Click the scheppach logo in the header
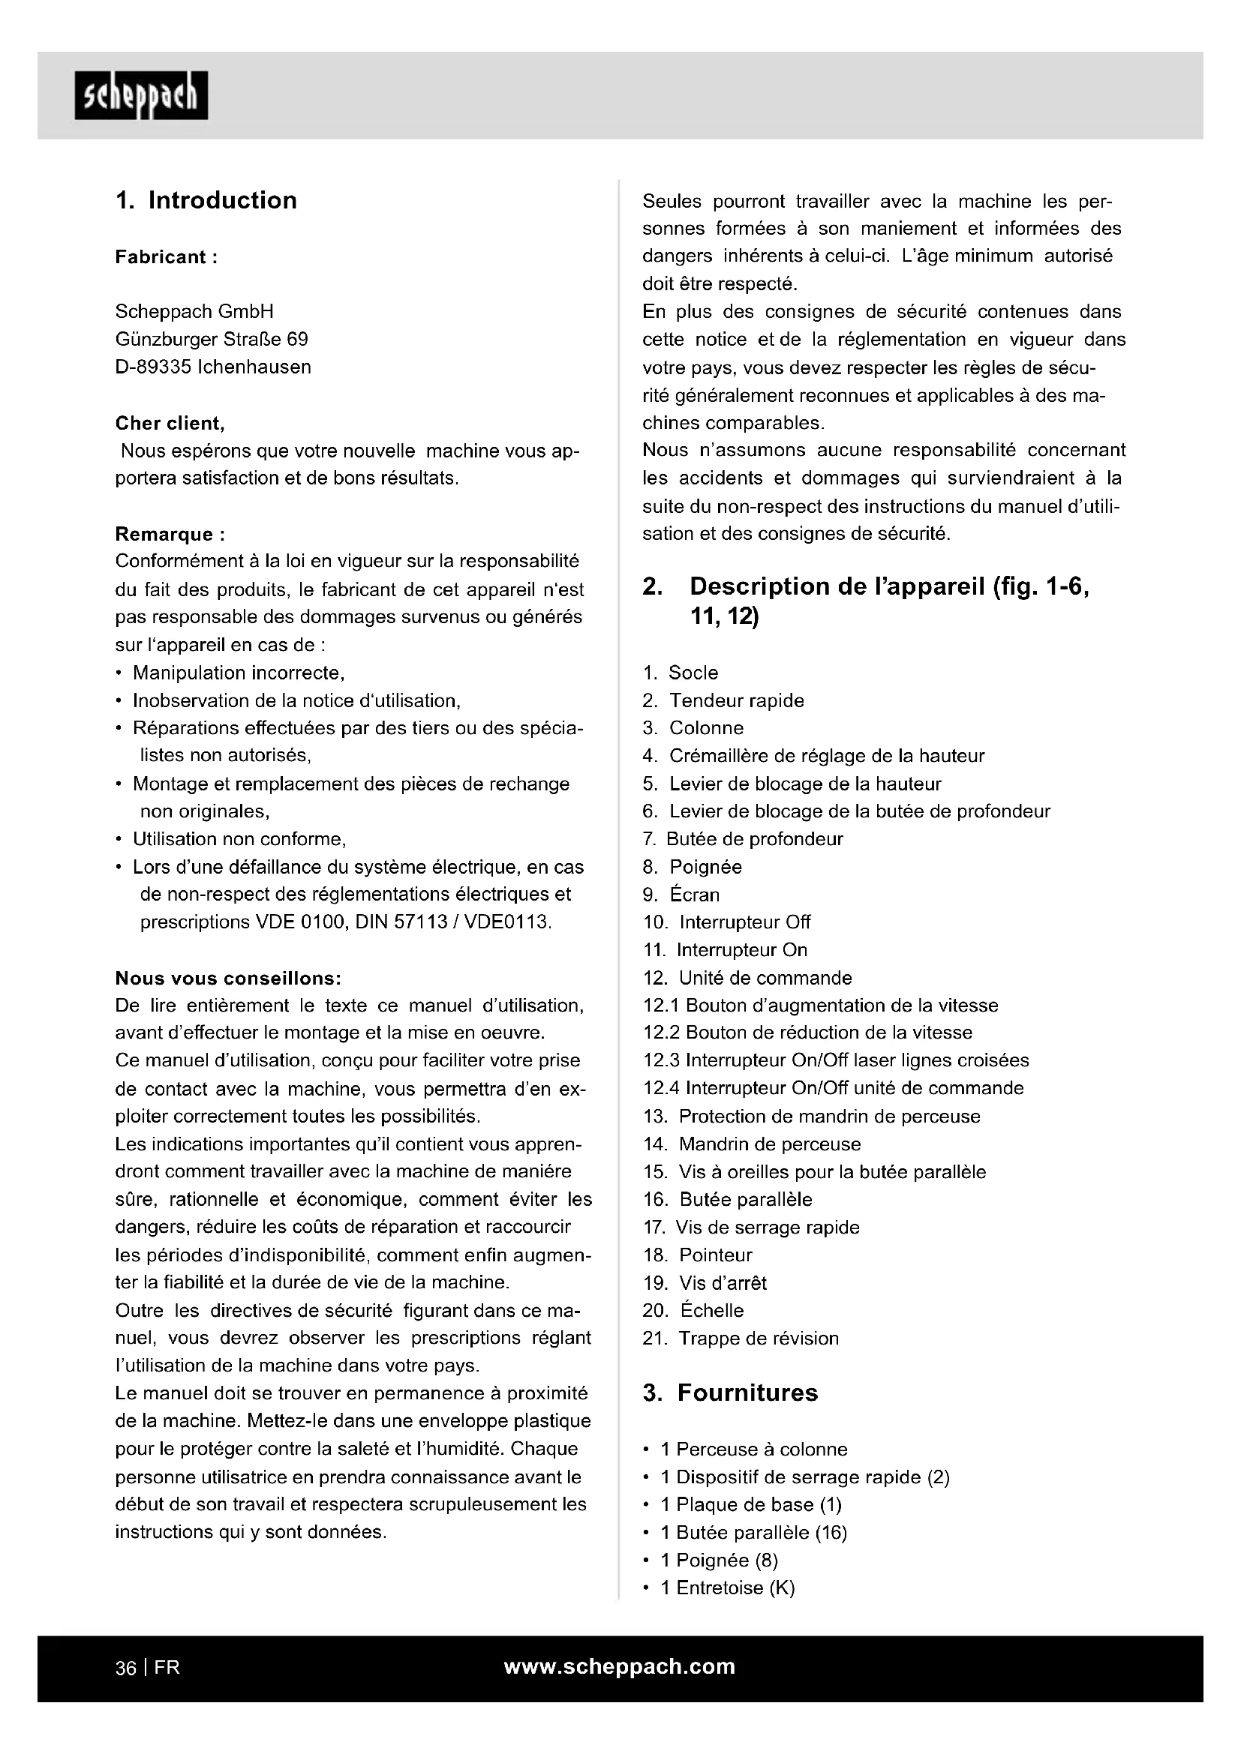coord(141,95)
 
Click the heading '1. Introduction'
coord(206,200)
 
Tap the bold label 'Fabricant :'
coord(167,256)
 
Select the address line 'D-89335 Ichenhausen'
coord(213,367)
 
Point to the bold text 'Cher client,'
coord(170,423)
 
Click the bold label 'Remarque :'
coord(170,534)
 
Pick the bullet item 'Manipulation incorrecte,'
coord(239,673)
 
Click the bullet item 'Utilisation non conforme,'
coord(239,839)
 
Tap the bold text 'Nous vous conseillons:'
coord(228,978)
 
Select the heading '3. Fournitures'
coord(730,1393)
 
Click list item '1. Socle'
coord(680,673)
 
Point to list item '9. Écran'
coord(681,895)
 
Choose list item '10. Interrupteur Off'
coord(727,922)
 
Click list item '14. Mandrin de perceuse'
coord(752,1144)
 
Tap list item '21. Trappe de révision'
coord(741,1338)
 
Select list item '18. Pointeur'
coord(698,1255)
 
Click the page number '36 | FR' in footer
coord(148,1668)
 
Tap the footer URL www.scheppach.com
coord(620,1666)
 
